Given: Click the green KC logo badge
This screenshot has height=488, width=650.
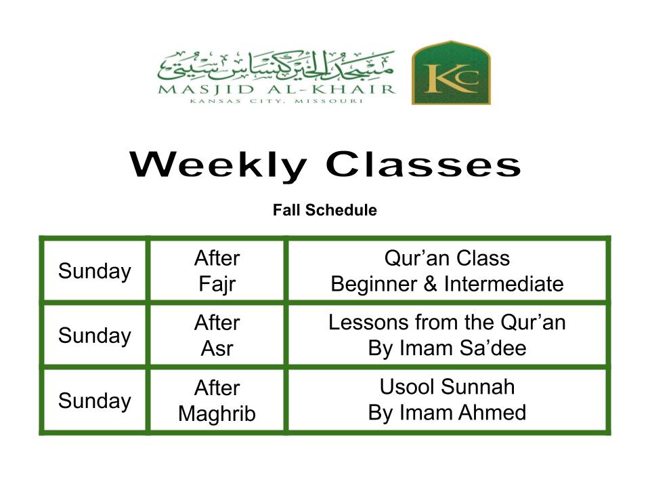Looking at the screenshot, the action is coord(451,73).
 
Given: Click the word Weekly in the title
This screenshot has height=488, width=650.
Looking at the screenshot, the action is coord(219,165).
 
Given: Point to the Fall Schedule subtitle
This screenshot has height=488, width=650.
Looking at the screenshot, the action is coord(325,210).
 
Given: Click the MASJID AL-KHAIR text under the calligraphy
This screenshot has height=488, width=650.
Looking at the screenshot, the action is coord(277,89).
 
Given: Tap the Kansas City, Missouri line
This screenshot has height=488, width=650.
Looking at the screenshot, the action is coord(276,101).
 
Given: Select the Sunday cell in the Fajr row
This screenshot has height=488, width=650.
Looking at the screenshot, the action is coord(95,271).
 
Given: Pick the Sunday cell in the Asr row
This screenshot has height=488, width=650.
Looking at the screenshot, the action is coord(95,335).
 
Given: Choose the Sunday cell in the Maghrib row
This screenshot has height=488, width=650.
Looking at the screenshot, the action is coord(95,401).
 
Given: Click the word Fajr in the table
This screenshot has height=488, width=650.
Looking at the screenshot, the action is coord(217,285).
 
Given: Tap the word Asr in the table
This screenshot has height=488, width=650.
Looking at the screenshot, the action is coord(217,348).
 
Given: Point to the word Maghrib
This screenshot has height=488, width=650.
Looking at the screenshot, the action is coord(217,414).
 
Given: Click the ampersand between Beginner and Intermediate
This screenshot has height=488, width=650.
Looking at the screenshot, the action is coord(431,284).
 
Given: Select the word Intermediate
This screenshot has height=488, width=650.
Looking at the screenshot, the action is coord(504,284).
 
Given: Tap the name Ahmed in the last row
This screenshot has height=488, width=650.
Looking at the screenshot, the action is coord(492,413).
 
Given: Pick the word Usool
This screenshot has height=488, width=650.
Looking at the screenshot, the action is coord(408,387).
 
